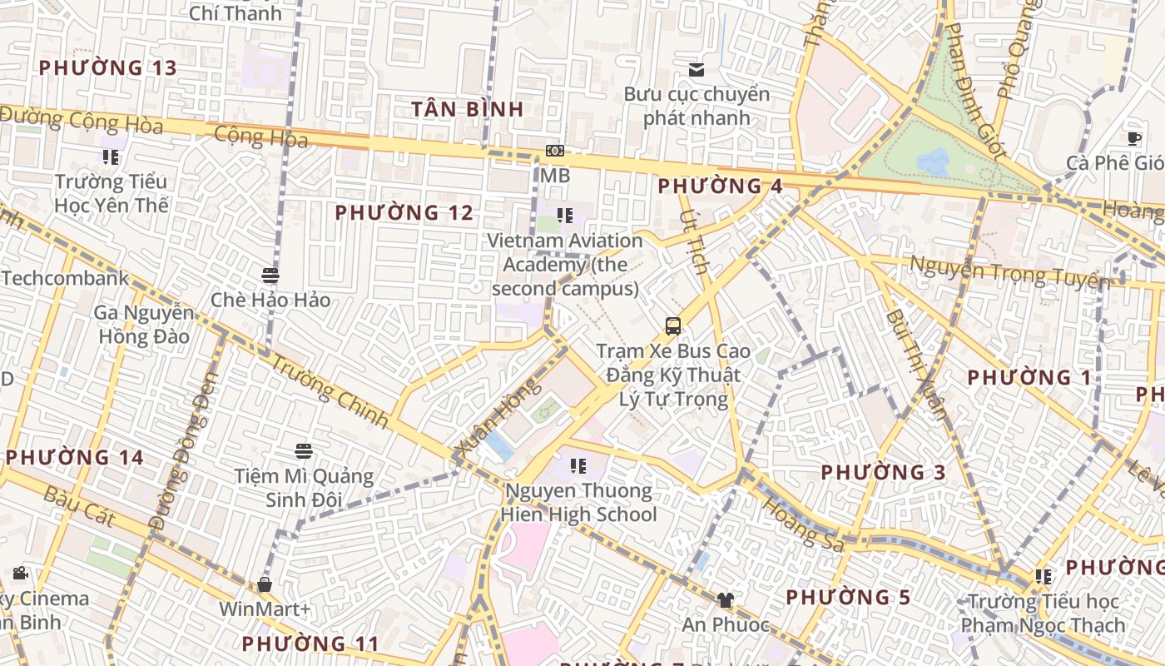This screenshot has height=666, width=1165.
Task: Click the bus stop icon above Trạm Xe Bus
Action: pos(673,326)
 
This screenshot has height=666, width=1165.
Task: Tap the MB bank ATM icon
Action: pos(555,151)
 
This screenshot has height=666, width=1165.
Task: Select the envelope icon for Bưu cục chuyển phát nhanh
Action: pos(696,70)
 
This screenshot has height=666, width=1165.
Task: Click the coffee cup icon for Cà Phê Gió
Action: pos(1134,138)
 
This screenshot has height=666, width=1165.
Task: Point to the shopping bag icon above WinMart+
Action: pos(265,584)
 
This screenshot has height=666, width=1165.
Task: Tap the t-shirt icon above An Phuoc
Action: pos(726,599)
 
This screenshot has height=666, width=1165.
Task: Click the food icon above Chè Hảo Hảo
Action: pos(270,276)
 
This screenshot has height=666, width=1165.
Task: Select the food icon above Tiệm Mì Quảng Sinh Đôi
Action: pos(304,451)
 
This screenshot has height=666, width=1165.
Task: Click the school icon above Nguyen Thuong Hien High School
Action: pos(578,466)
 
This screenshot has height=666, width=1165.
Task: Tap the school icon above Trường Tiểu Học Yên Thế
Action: pos(112,157)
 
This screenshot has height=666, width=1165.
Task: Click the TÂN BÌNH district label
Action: pos(468,109)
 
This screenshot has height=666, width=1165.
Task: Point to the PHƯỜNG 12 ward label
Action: pos(404,213)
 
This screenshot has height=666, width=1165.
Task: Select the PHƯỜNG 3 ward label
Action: pos(883,473)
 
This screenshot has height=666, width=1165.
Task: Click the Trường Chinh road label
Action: pos(330,391)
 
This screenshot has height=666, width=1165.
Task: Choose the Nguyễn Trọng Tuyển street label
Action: pos(1009,272)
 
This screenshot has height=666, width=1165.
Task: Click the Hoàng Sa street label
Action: pos(803,524)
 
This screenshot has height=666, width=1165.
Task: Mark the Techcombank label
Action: pos(65,278)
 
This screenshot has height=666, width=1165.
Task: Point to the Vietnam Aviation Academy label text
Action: pos(565,265)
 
